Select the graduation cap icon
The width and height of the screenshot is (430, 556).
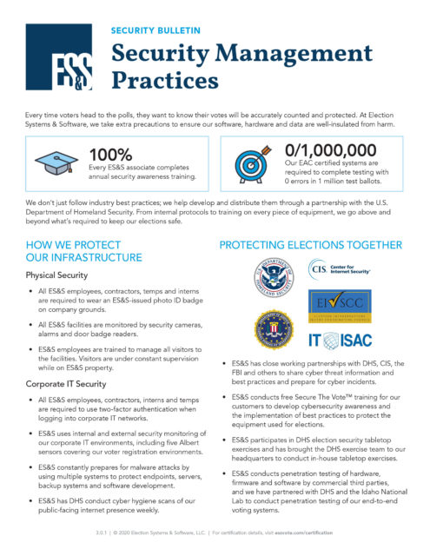57,160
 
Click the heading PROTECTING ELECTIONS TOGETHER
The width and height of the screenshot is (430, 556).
310,245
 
